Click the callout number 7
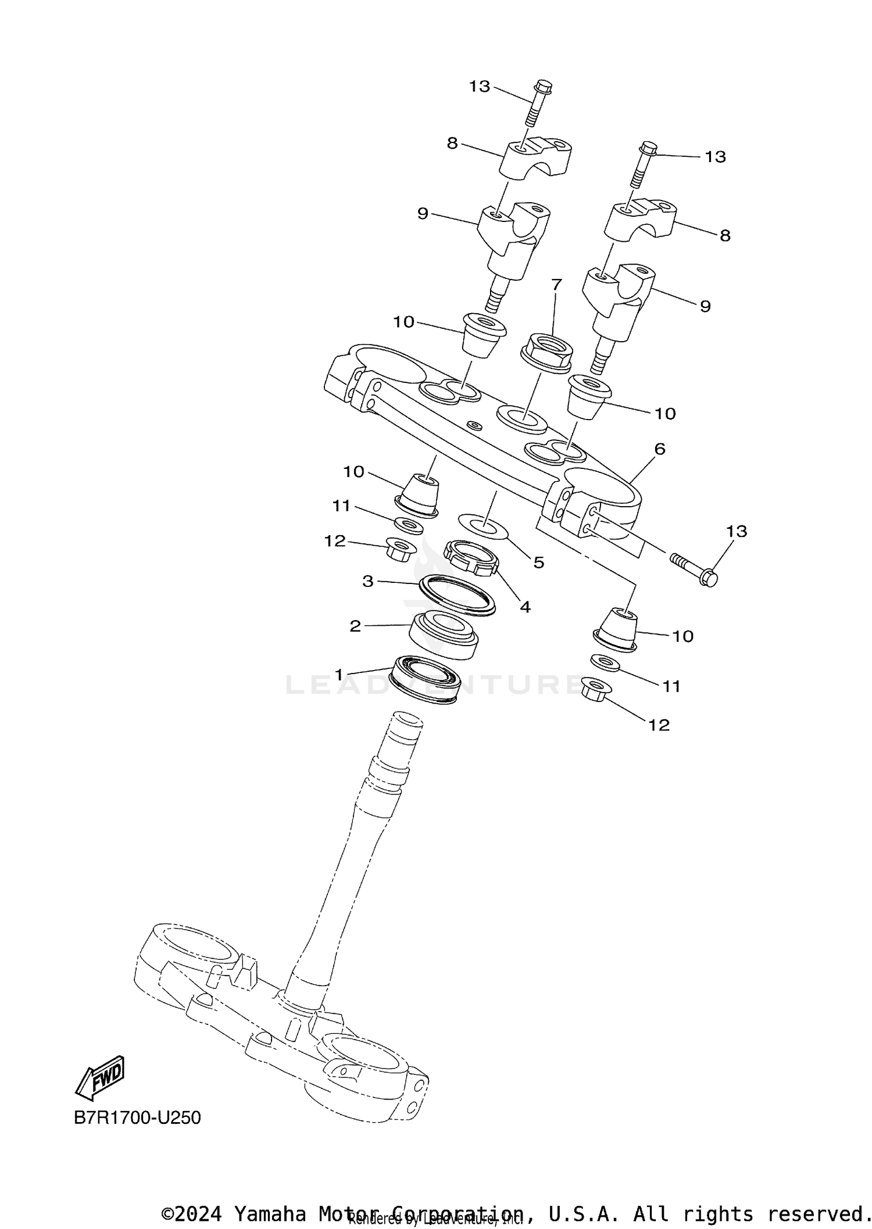tap(556, 285)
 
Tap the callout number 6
tap(659, 449)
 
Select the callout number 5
tap(539, 562)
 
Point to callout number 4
tap(525, 607)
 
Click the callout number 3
tap(367, 581)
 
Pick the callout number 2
tap(355, 626)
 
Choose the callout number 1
tap(339, 674)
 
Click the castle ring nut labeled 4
tap(471, 557)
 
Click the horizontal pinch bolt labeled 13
tap(695, 569)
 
